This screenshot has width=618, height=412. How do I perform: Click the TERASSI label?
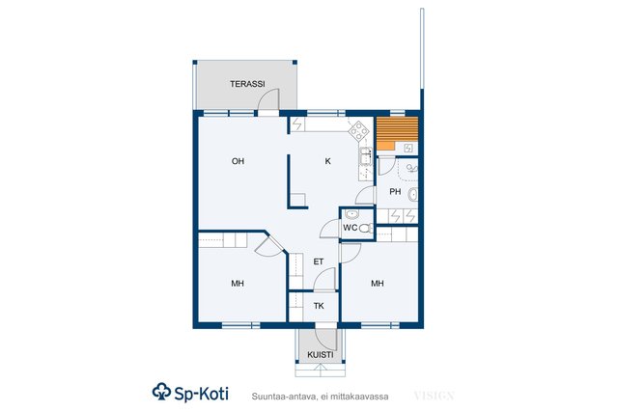tap(247, 84)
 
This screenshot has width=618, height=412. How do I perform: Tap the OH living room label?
tap(239, 161)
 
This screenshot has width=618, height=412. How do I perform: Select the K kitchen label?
tap(328, 161)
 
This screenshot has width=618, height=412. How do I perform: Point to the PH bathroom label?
tap(395, 192)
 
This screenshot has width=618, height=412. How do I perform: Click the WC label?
tap(350, 228)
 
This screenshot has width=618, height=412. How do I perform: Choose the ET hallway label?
tap(319, 261)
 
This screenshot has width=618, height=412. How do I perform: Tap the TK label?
tap(319, 306)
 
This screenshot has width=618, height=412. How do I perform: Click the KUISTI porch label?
tap(321, 355)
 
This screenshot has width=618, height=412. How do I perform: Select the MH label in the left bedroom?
tap(238, 284)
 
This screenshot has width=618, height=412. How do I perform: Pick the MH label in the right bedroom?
tap(378, 284)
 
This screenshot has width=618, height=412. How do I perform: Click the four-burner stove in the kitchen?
tap(358, 131)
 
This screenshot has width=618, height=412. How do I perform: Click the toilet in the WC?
tap(366, 228)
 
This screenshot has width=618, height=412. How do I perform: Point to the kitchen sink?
tap(366, 156)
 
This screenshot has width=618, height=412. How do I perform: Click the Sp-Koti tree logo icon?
tap(161, 392)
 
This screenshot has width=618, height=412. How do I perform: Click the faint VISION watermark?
tap(435, 396)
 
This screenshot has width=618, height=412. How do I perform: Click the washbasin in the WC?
tap(351, 214)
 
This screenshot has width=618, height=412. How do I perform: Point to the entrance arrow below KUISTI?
tap(321, 370)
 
